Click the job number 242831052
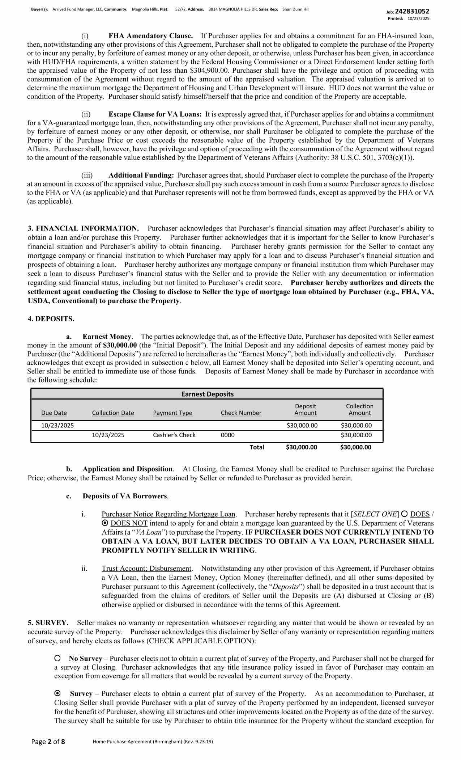coord(412,11)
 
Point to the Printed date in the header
coord(418,18)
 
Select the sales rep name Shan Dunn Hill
coord(295,9)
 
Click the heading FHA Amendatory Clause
coord(150,36)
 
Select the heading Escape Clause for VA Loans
coord(155,114)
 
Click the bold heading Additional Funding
coord(141,176)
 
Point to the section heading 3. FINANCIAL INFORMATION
coord(83,228)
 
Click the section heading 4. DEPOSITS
coord(51,319)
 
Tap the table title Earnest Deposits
coord(207,394)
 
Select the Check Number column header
coord(241,413)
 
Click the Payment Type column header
coord(172,413)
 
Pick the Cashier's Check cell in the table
coord(174,435)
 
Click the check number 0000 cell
coord(227,435)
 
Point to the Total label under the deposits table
coord(257,447)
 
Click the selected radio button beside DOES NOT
coord(105,523)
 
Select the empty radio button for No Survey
coord(57,659)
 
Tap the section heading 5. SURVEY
coord(48,623)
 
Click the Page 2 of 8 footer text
coord(48,742)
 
